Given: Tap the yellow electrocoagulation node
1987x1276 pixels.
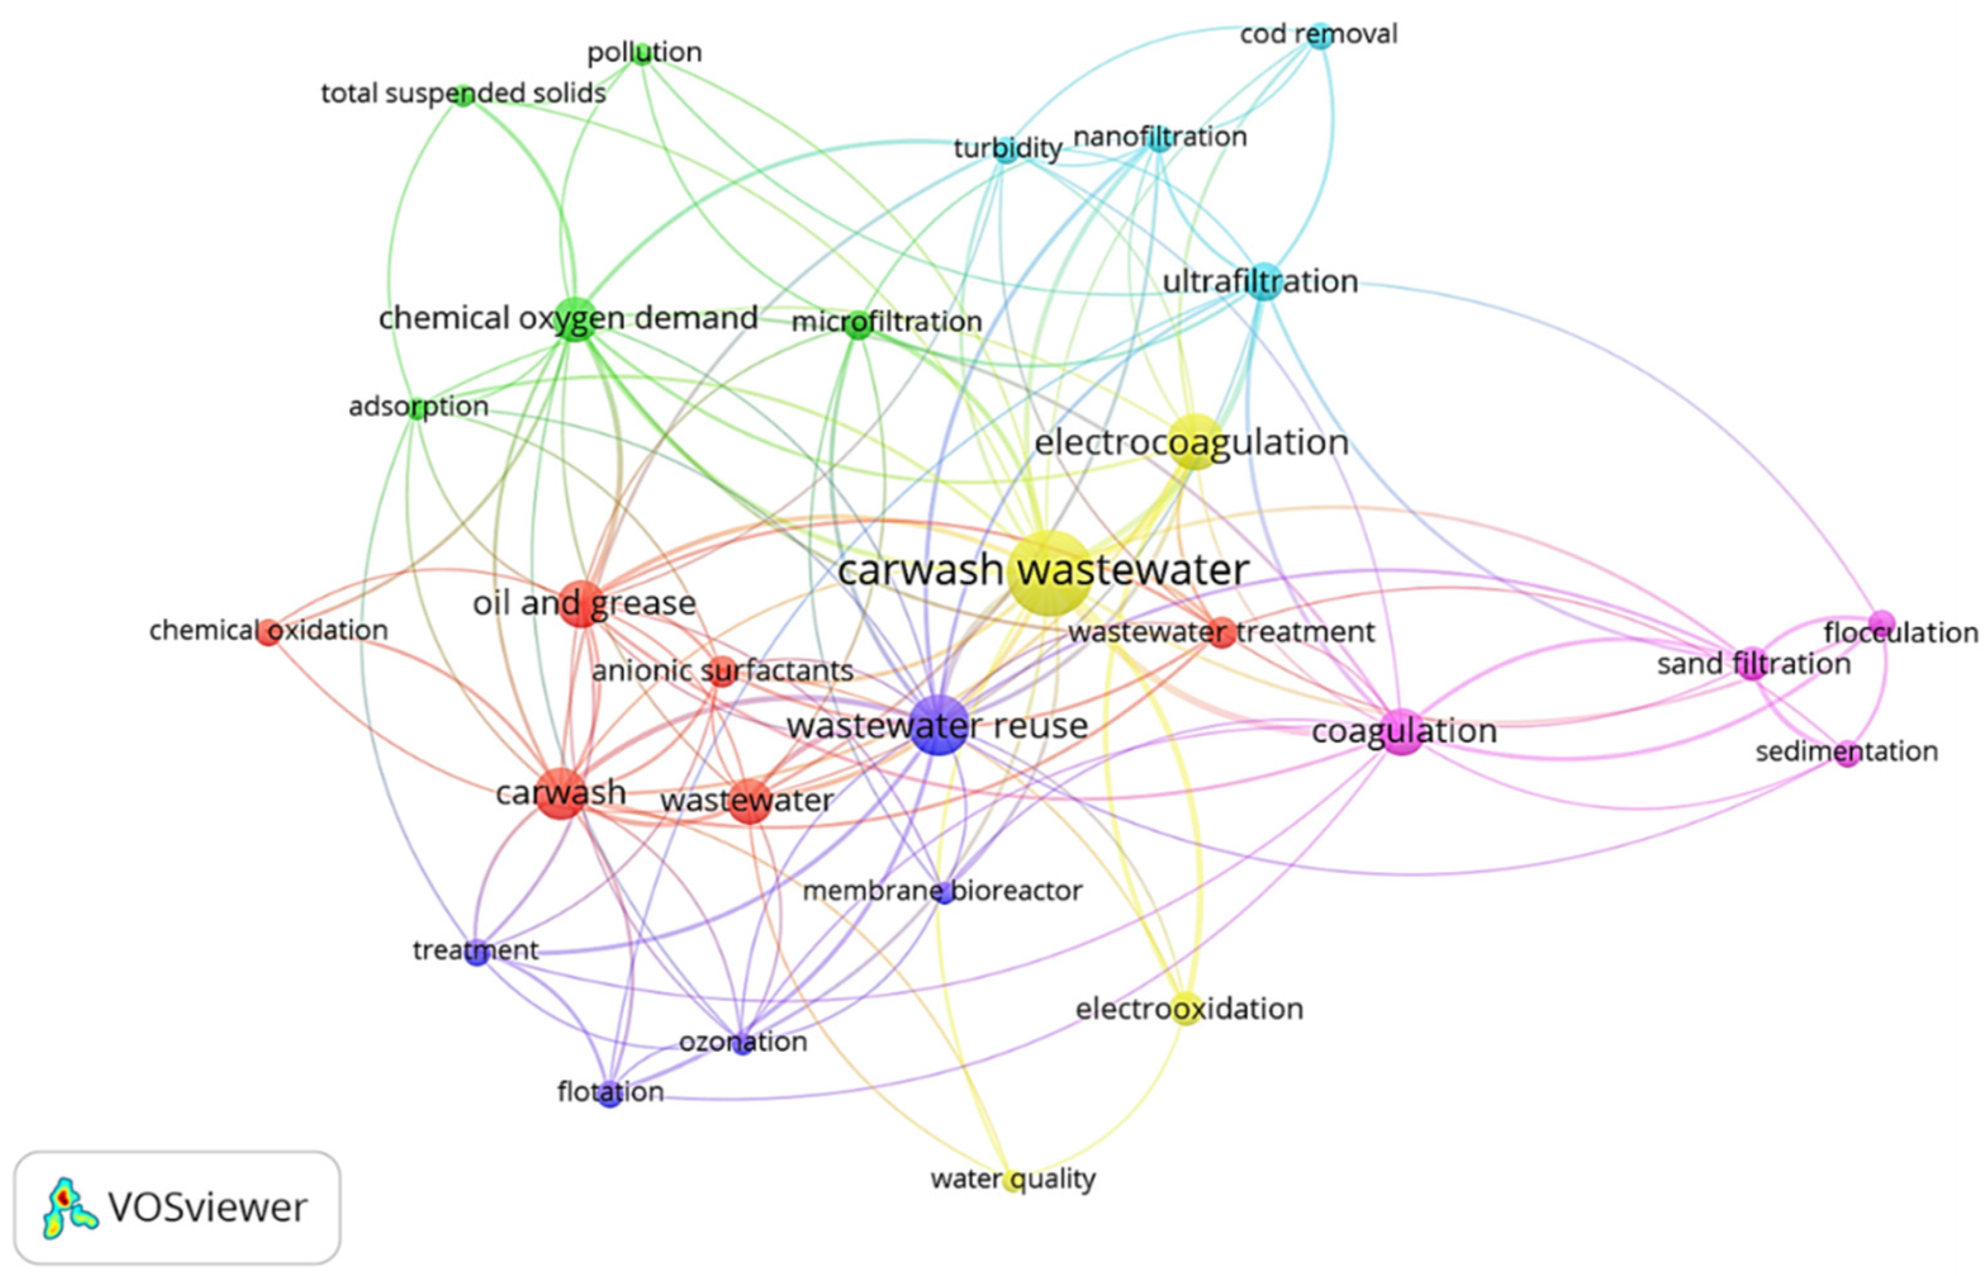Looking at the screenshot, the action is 1193,441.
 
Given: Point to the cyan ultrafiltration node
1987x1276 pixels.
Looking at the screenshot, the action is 1262,282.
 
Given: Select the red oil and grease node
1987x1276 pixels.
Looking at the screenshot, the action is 582,604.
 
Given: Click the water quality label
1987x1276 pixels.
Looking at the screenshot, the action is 1012,1178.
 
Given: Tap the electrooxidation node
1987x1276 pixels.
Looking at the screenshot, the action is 1187,1009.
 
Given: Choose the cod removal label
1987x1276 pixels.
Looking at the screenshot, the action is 1317,34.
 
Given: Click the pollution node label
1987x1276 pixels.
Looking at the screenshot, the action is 644,52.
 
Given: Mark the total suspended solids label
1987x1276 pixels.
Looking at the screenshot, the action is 463,93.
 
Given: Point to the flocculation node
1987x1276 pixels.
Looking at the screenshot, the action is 1882,622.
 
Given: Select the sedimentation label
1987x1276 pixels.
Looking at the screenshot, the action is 1846,751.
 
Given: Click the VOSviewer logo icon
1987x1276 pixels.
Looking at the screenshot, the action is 70,1206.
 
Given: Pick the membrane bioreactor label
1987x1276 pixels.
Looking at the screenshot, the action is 942,891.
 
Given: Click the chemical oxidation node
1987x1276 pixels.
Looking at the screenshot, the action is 267,632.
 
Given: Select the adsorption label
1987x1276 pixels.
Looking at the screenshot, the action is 418,407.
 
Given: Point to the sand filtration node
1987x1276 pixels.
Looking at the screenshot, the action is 1751,665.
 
